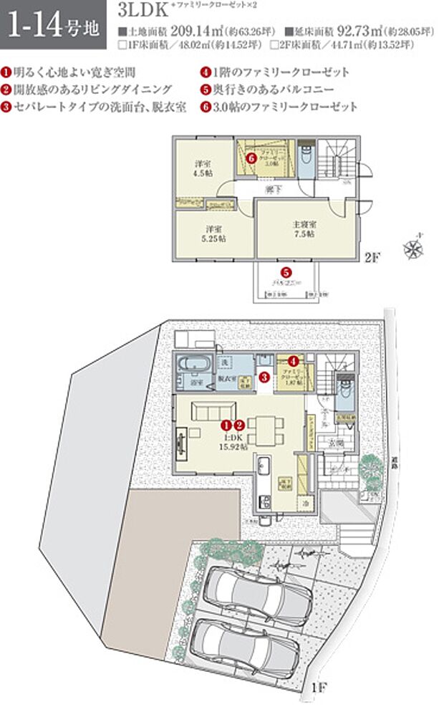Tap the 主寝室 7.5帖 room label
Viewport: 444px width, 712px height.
(304, 229)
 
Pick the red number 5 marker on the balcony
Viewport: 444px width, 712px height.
(285, 272)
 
